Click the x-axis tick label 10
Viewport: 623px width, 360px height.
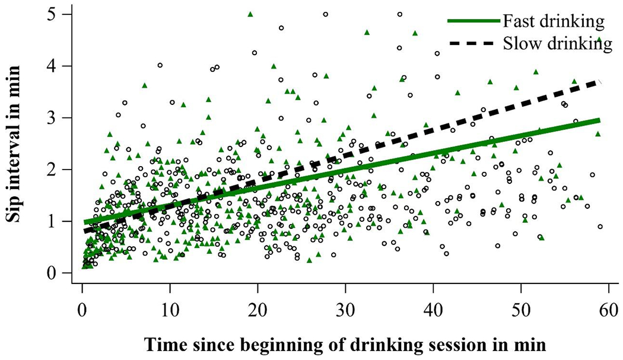click(170, 311)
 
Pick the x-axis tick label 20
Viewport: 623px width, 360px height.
click(258, 311)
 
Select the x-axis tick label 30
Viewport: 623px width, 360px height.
click(345, 311)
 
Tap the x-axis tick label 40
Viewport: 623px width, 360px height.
click(433, 311)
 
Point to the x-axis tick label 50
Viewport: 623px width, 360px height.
click(521, 311)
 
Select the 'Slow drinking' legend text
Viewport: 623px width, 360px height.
click(556, 44)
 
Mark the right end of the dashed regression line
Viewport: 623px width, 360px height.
click(599, 82)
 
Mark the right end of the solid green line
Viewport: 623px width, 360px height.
click(599, 120)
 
